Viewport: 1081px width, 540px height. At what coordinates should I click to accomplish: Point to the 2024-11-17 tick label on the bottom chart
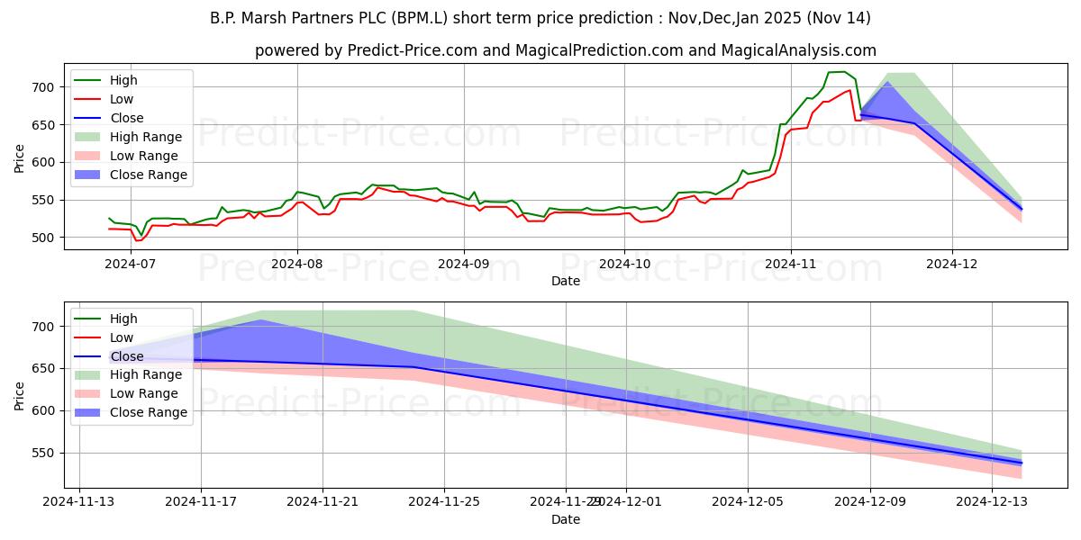pos(200,501)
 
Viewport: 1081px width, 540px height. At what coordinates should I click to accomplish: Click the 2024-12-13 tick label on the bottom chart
pos(992,501)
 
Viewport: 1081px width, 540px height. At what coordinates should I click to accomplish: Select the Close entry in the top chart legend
pos(127,118)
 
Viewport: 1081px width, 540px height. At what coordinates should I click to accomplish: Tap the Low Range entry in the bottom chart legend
pos(145,393)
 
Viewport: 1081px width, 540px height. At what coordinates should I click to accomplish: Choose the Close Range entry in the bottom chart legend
pos(149,412)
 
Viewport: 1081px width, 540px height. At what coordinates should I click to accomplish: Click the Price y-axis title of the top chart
pos(20,157)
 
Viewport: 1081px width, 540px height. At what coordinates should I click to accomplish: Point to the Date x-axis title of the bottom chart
pos(566,519)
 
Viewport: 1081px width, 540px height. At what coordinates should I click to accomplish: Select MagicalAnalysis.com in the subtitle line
pos(798,50)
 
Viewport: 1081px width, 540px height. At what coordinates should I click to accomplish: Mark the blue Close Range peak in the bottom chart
pos(260,319)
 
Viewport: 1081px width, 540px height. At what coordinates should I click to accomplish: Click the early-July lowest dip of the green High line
pos(141,235)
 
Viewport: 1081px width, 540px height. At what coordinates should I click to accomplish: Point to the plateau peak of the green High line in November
pos(837,72)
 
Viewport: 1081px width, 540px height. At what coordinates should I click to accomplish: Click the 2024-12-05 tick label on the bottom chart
pos(748,501)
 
